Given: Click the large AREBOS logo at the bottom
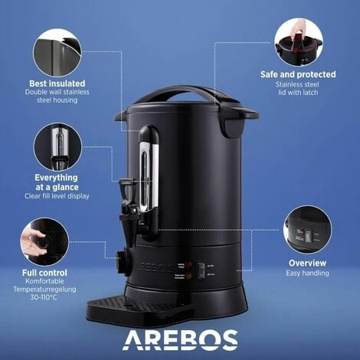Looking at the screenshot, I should coord(181,339).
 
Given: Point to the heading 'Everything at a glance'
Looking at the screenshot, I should coord(56,182).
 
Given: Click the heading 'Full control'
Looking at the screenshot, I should coord(44,272).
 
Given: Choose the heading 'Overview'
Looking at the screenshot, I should coord(307,263).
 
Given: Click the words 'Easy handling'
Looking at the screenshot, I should coord(307,273).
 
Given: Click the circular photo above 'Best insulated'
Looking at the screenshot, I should coord(57,52).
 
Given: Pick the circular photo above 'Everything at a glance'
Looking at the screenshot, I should coord(56,146).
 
